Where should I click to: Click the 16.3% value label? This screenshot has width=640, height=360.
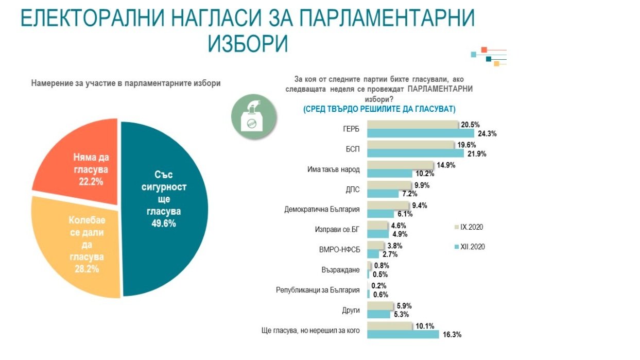click(452, 335)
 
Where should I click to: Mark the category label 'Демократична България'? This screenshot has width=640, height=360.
click(322, 210)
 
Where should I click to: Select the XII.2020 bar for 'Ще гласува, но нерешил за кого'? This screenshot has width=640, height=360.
click(403, 335)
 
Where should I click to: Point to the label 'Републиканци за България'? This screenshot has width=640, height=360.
click(318, 290)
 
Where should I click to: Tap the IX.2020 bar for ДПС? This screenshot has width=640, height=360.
click(389, 185)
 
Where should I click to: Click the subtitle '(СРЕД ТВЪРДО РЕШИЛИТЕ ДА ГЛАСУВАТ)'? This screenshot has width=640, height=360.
click(379, 109)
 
